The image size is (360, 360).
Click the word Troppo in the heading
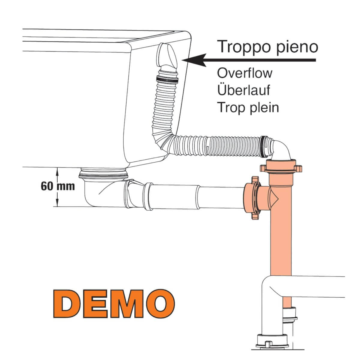pos(242,47)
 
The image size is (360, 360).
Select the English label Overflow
pos(244,73)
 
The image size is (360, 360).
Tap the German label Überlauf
pos(243,90)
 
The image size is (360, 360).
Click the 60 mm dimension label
pos(58,186)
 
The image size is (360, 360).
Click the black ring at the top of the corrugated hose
pos(167,80)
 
